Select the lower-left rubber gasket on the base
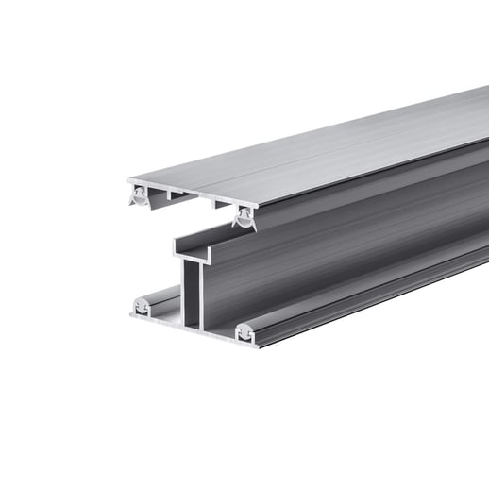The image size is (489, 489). click(x=142, y=306)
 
